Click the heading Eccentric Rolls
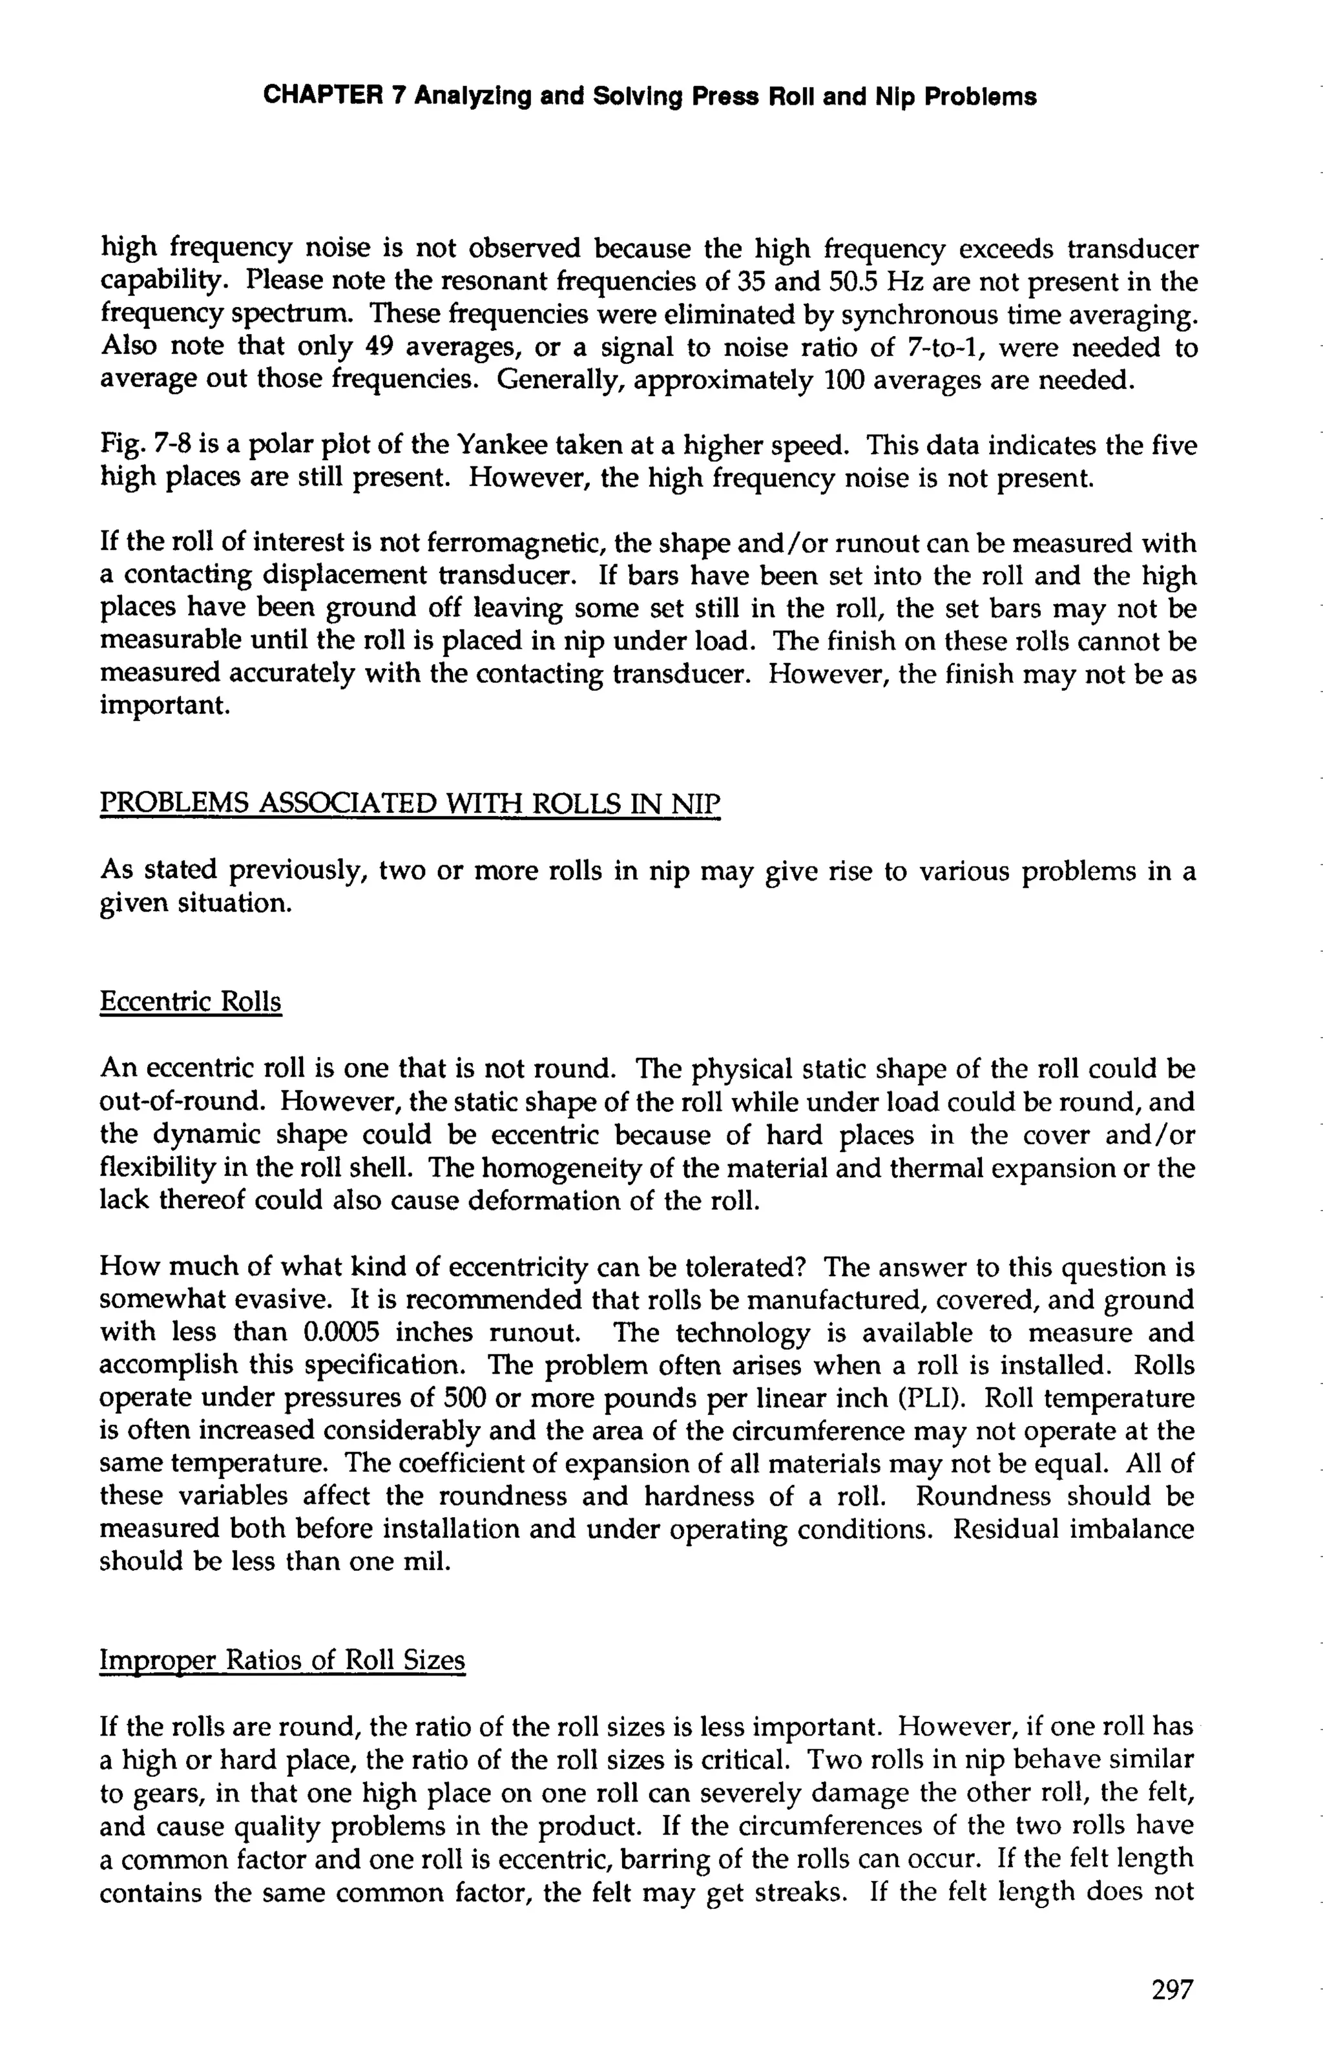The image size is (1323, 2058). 191,1002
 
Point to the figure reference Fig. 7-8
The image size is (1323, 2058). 138,446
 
